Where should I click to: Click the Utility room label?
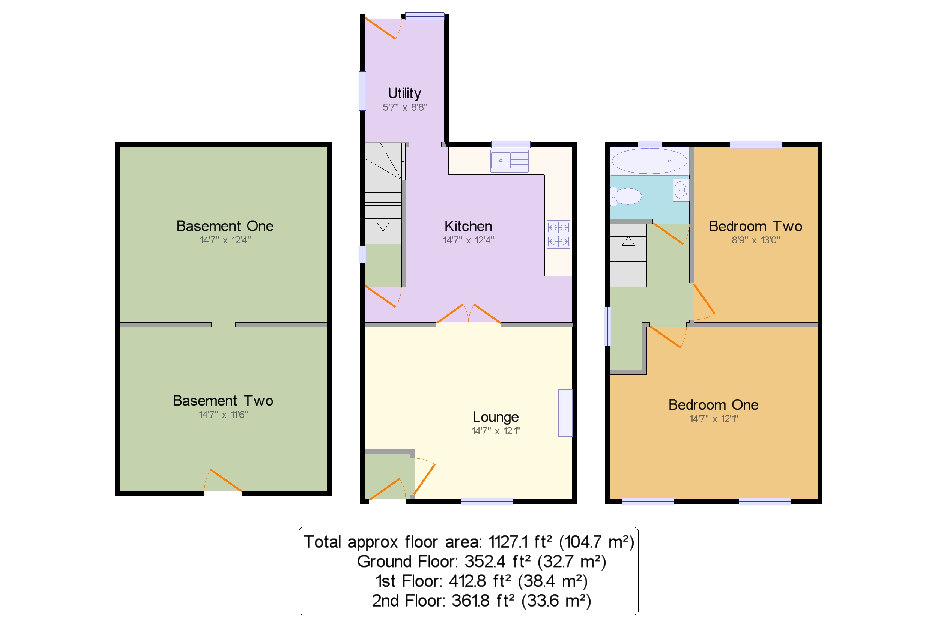coord(404,93)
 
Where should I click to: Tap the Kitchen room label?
coord(468,227)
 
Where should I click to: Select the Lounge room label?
coord(496,417)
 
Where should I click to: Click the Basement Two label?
coord(223,401)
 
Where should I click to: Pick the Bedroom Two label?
coord(755,227)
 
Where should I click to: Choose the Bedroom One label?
coord(713,405)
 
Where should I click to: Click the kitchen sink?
coord(509,161)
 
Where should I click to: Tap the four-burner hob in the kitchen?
coord(558,235)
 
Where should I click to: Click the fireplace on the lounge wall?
coord(565,413)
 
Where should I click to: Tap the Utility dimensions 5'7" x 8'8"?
coord(404,107)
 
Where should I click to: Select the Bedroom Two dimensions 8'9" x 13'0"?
coord(755,240)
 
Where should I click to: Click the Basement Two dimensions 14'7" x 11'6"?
coord(223,415)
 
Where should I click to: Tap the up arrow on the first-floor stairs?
coord(628,242)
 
